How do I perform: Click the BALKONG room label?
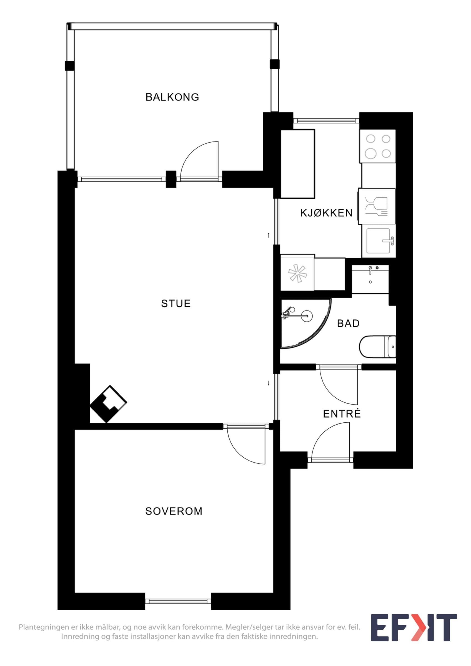click(172, 97)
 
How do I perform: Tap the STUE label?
click(176, 303)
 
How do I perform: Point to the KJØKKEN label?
click(326, 213)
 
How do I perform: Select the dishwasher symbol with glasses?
click(377, 206)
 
